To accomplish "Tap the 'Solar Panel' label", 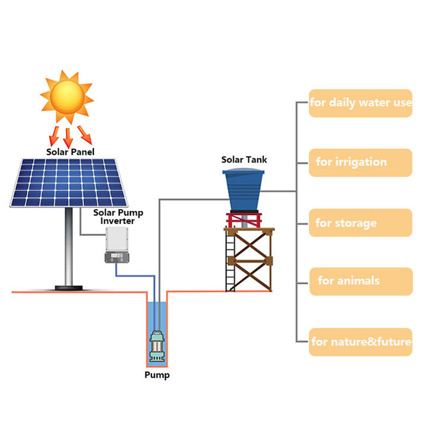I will tap(70, 152).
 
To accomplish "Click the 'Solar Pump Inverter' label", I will tap(119, 217).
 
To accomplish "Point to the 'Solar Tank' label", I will tap(244, 160).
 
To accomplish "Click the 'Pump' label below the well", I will tap(157, 375).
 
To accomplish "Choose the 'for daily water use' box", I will tap(360, 103).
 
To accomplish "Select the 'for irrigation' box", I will tap(360, 162).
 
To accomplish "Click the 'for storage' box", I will tap(360, 223).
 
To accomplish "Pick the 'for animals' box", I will tap(360, 281).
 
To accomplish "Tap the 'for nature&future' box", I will tap(360, 342).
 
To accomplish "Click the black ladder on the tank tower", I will tap(231, 263).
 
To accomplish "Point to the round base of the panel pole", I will tap(69, 288).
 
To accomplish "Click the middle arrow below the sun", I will tap(68, 137).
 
